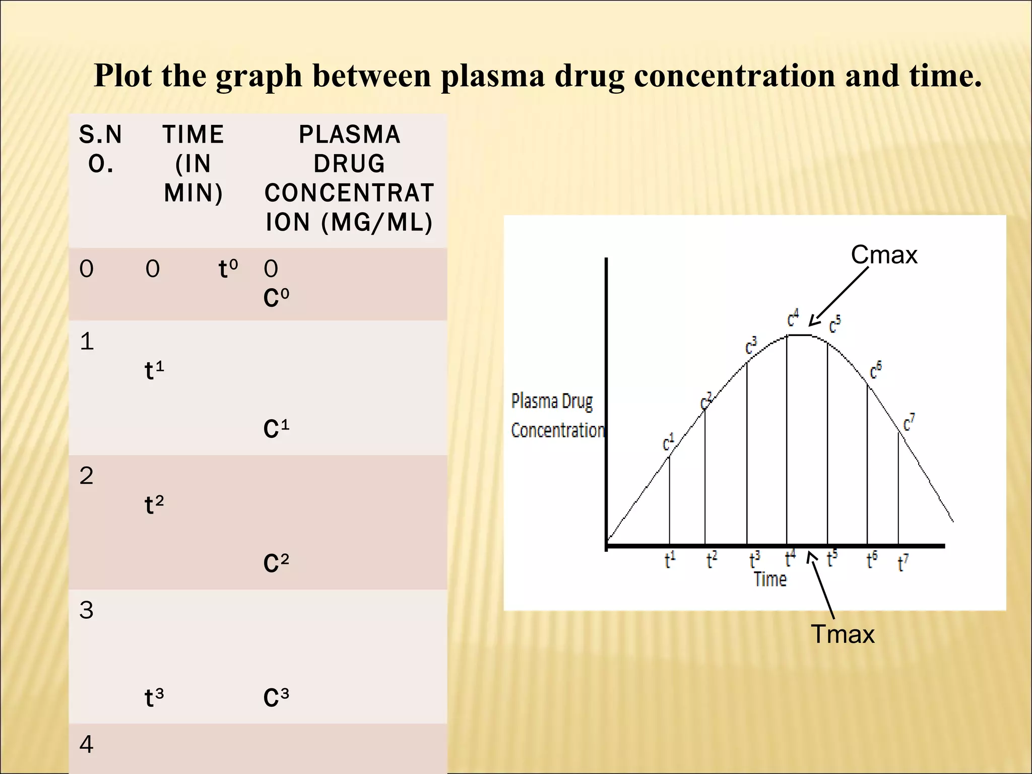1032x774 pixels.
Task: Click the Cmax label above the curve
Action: pyautogui.click(x=884, y=254)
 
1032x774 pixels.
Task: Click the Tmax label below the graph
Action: pyautogui.click(x=843, y=634)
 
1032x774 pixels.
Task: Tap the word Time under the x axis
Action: pyautogui.click(x=770, y=579)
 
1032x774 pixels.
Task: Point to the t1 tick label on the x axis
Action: pyautogui.click(x=670, y=560)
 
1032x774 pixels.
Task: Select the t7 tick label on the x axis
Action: pyautogui.click(x=903, y=562)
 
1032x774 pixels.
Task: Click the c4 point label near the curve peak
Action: pyautogui.click(x=793, y=318)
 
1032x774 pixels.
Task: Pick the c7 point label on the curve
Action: pyautogui.click(x=909, y=422)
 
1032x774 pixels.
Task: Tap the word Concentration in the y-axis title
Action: pyautogui.click(x=557, y=431)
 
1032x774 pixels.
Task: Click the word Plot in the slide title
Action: pyautogui.click(x=122, y=76)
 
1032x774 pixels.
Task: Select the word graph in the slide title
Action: pyautogui.click(x=259, y=77)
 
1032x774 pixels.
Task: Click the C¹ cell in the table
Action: pyautogui.click(x=276, y=429)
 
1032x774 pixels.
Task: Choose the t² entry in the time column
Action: pyautogui.click(x=154, y=504)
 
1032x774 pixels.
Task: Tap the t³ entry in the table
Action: pyautogui.click(x=154, y=698)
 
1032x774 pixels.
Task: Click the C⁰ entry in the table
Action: pyautogui.click(x=276, y=298)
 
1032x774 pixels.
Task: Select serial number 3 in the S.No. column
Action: pyautogui.click(x=86, y=610)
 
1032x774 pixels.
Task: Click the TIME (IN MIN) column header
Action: pyautogui.click(x=193, y=164)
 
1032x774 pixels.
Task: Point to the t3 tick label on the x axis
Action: pyautogui.click(x=754, y=560)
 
